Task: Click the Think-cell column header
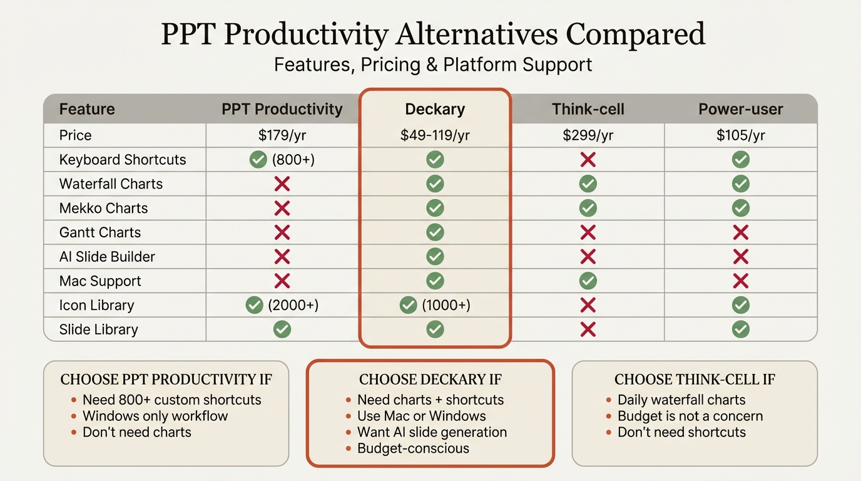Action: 588,109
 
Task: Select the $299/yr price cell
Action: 588,135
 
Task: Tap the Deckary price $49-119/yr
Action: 435,135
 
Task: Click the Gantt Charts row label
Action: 100,232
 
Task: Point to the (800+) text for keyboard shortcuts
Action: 293,160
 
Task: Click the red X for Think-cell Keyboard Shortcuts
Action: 588,160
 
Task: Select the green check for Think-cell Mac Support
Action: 588,281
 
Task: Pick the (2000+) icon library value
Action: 293,305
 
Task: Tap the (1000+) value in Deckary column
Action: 446,305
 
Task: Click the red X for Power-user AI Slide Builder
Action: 741,257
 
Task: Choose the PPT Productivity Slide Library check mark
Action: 282,329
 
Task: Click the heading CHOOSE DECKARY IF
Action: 430,380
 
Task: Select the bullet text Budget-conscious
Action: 413,448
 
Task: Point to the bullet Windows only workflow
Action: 155,416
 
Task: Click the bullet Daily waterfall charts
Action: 681,400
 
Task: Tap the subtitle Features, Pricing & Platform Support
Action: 433,65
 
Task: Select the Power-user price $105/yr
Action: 741,135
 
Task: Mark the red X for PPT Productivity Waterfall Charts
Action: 282,184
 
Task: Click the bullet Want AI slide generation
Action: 432,432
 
